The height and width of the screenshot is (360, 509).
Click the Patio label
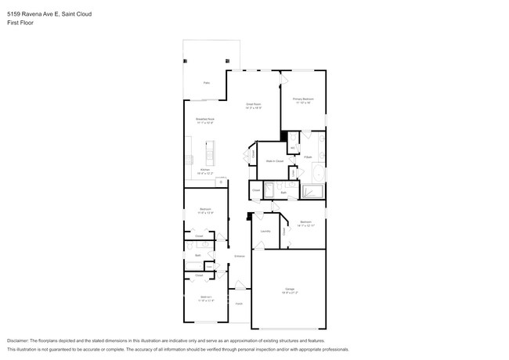[x=207, y=82]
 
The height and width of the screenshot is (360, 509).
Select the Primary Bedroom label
[x=303, y=99]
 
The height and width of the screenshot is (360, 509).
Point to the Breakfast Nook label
[x=204, y=119]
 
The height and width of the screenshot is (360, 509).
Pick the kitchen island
[x=209, y=152]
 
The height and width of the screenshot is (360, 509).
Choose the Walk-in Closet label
[x=274, y=161]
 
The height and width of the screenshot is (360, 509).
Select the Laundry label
[x=265, y=232]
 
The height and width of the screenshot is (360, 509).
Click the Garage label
[x=290, y=290]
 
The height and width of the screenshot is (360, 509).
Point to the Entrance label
[x=240, y=256]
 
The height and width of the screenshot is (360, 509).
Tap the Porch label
[x=239, y=303]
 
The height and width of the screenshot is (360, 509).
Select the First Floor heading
[x=19, y=23]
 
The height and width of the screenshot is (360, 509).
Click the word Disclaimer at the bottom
[x=21, y=341]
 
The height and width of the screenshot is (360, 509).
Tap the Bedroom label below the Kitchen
[x=204, y=210]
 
